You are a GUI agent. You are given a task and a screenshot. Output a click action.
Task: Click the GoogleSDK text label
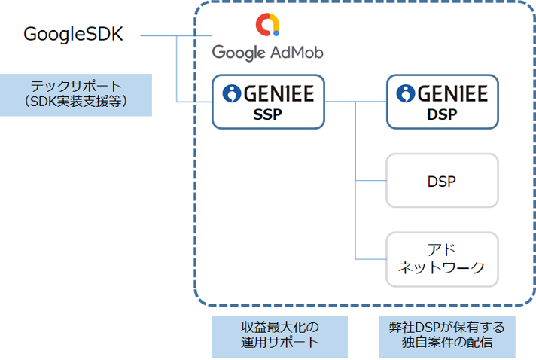(x=73, y=35)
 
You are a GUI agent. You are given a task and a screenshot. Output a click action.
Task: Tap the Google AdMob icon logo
(x=268, y=26)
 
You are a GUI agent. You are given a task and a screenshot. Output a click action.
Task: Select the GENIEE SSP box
(x=267, y=101)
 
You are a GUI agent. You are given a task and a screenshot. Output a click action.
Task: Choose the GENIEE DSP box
(x=442, y=101)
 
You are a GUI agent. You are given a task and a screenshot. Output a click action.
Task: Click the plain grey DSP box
(x=442, y=181)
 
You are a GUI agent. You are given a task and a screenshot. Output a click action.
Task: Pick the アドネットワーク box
(x=442, y=258)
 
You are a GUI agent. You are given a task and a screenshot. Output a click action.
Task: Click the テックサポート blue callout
(x=75, y=94)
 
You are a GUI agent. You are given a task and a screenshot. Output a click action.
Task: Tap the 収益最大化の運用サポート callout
(x=280, y=335)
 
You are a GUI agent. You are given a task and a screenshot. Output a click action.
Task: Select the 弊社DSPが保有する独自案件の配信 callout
(x=447, y=335)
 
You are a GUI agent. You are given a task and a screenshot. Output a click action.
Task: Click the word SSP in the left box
(x=267, y=115)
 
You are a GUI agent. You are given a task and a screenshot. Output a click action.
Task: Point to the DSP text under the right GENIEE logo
(x=442, y=115)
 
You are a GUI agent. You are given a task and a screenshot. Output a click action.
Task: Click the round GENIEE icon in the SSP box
(x=231, y=93)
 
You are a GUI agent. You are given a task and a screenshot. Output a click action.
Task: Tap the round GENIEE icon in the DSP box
(x=406, y=93)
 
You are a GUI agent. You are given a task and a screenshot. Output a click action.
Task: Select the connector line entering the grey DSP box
(x=370, y=181)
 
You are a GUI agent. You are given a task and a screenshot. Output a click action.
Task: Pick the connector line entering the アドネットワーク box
(x=370, y=258)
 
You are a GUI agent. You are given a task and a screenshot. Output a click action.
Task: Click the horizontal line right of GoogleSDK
(x=158, y=35)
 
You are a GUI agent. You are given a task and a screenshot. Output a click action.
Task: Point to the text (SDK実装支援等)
(x=75, y=102)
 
